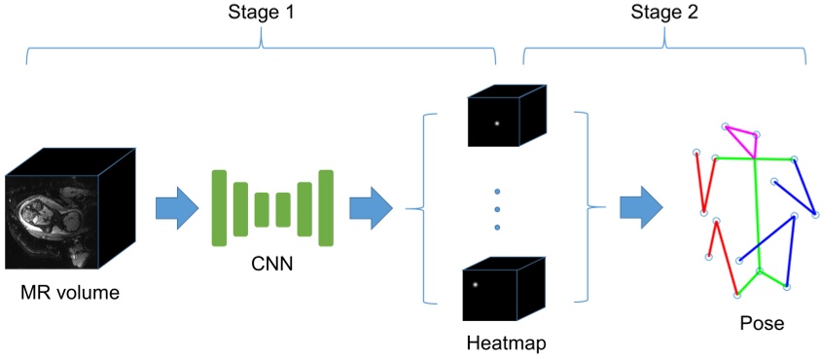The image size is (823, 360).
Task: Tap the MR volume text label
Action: click(70, 291)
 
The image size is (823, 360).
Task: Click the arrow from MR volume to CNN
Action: click(176, 208)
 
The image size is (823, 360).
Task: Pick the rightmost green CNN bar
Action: click(326, 207)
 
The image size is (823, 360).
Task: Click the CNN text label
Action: click(272, 264)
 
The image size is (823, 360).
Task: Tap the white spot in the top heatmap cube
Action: click(496, 123)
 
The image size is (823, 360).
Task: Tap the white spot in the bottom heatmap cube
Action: click(476, 284)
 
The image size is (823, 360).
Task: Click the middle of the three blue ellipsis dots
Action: click(497, 209)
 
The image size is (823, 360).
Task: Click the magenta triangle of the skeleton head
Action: click(742, 139)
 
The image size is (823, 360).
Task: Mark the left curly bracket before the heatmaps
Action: click(416, 208)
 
